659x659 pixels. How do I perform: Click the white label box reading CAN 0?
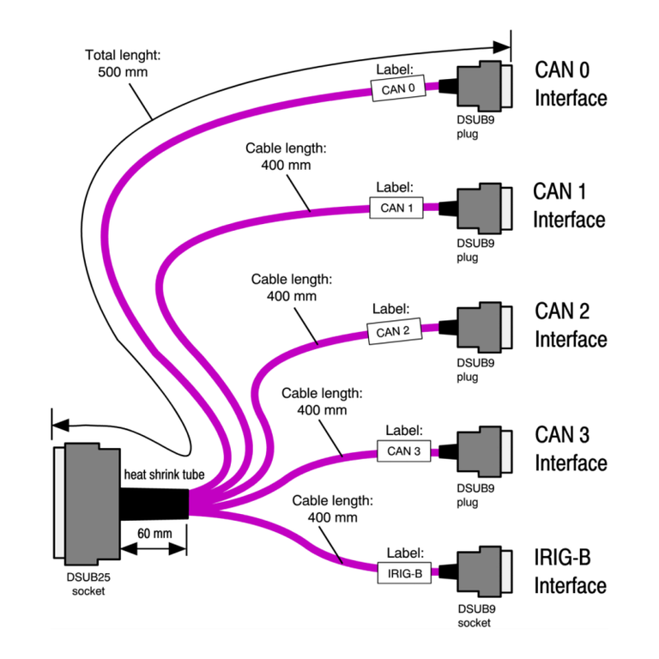pos(397,88)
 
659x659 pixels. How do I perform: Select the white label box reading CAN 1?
pos(396,208)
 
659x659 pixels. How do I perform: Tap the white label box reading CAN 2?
pos(394,330)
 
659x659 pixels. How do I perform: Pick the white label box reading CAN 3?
pos(403,450)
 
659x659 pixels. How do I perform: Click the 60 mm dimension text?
pos(155,534)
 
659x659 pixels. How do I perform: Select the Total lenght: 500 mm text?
pos(123,63)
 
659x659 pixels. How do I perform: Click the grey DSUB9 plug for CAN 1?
pos(482,209)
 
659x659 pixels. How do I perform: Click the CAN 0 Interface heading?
pos(571,83)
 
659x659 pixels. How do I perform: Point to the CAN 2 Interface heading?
pos(571,325)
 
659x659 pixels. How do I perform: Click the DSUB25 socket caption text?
pos(88,582)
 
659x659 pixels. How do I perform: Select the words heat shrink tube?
pos(176,475)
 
